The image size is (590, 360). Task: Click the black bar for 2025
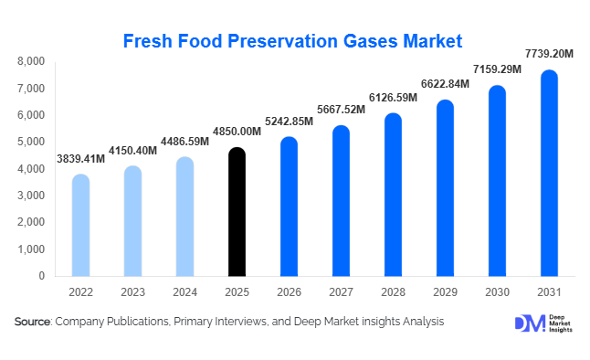pos(237,212)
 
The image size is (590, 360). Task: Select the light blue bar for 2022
pos(80,225)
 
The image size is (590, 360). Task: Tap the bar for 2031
pos(549,174)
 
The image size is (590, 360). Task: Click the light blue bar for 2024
pos(184,217)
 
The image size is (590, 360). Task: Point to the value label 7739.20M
pos(548,54)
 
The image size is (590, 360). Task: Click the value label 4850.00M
pos(237,131)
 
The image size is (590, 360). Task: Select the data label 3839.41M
pos(79,158)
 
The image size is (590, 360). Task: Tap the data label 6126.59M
pos(392,98)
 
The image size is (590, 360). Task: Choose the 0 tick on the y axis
pos(41,275)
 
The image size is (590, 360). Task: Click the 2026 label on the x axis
pos(289,292)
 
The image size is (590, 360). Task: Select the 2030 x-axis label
pos(496,292)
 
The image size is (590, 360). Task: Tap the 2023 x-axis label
pos(132,292)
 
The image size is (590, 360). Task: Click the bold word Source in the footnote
pos(33,322)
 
